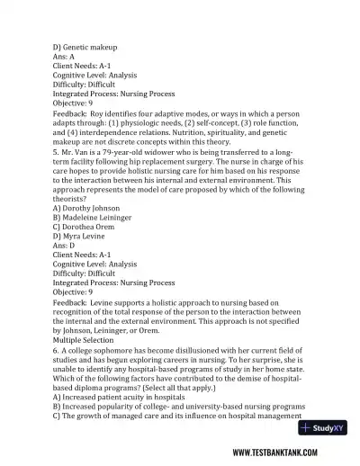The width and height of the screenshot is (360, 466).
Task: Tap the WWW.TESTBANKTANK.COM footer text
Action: coord(284,453)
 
